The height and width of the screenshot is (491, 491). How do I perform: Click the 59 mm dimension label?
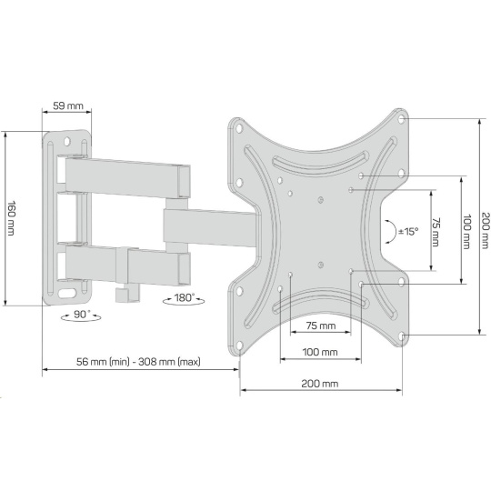(x=68, y=105)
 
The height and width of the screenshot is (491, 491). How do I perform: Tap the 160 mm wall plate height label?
(x=11, y=218)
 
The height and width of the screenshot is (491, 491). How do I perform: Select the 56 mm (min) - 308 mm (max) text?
(x=138, y=362)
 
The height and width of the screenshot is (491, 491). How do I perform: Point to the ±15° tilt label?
(x=408, y=232)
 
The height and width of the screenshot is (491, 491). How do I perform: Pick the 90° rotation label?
(x=82, y=314)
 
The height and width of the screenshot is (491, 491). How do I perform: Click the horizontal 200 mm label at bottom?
(x=320, y=384)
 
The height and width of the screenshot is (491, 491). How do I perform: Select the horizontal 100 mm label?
(x=320, y=352)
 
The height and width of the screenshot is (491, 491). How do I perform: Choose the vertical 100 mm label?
(x=466, y=232)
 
